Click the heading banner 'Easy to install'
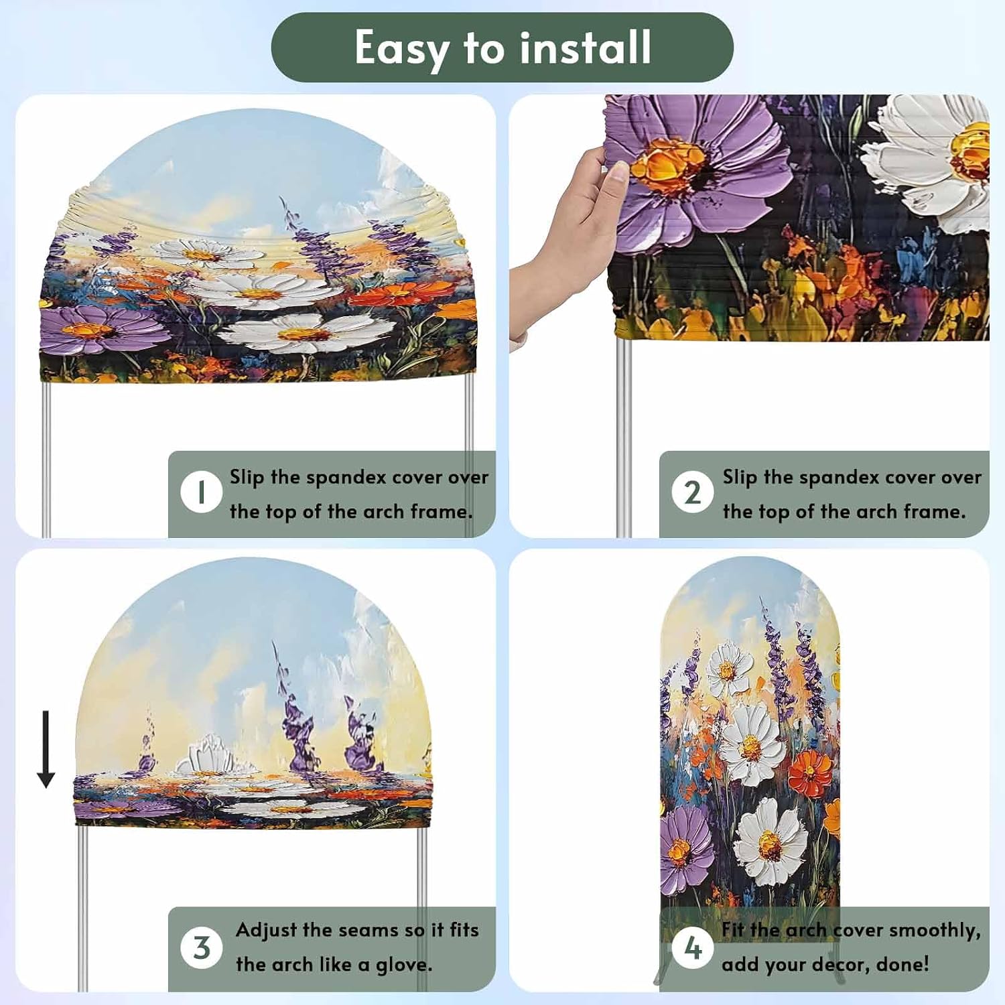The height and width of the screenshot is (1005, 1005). pyautogui.click(x=502, y=48)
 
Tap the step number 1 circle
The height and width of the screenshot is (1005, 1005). pyautogui.click(x=201, y=492)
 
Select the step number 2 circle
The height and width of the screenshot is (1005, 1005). pyautogui.click(x=692, y=492)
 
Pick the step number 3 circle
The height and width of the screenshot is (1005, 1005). pyautogui.click(x=201, y=947)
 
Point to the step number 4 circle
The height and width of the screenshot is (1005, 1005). pyautogui.click(x=692, y=947)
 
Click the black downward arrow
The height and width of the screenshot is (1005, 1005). pyautogui.click(x=46, y=749)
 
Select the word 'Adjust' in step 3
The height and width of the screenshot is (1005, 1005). pyautogui.click(x=266, y=931)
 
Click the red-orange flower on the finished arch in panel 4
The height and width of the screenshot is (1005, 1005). pyautogui.click(x=810, y=774)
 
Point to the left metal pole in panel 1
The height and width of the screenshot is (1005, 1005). pyautogui.click(x=46, y=460)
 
